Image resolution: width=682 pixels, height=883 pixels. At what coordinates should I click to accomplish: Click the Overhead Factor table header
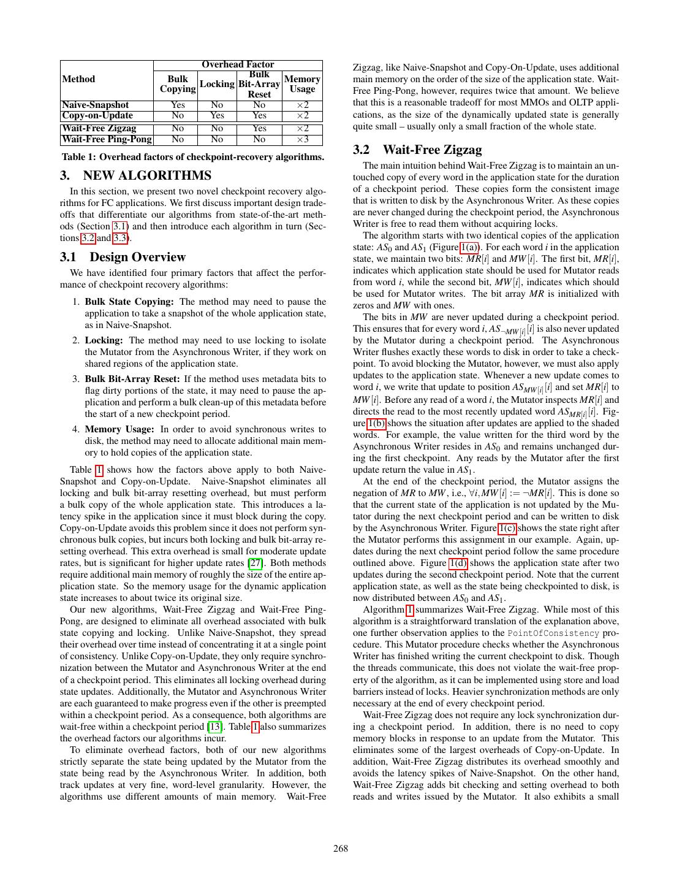pyautogui.click(x=238, y=64)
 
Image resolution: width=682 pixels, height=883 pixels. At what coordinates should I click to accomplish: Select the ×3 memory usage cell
pyautogui.click(x=302, y=139)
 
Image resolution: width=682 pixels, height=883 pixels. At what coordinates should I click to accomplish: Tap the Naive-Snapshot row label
pyautogui.click(x=96, y=105)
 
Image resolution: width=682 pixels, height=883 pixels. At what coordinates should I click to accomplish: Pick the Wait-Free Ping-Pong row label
pyautogui.click(x=107, y=139)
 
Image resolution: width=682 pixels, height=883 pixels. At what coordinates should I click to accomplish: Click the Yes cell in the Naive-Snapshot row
pyautogui.click(x=178, y=105)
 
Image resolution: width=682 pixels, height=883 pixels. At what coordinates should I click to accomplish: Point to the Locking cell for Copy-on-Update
pyautogui.click(x=217, y=115)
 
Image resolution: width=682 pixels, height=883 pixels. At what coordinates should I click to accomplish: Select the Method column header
pyautogui.click(x=79, y=79)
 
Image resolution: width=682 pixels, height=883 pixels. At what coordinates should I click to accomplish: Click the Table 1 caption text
pyautogui.click(x=193, y=157)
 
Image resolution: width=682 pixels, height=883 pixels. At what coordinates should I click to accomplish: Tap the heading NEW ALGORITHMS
pyautogui.click(x=147, y=175)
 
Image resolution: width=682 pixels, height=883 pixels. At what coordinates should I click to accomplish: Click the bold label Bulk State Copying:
pyautogui.click(x=129, y=302)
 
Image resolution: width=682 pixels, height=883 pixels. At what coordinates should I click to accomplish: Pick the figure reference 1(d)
pyautogui.click(x=457, y=563)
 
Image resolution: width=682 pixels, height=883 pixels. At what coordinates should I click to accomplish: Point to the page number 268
pyautogui.click(x=341, y=849)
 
